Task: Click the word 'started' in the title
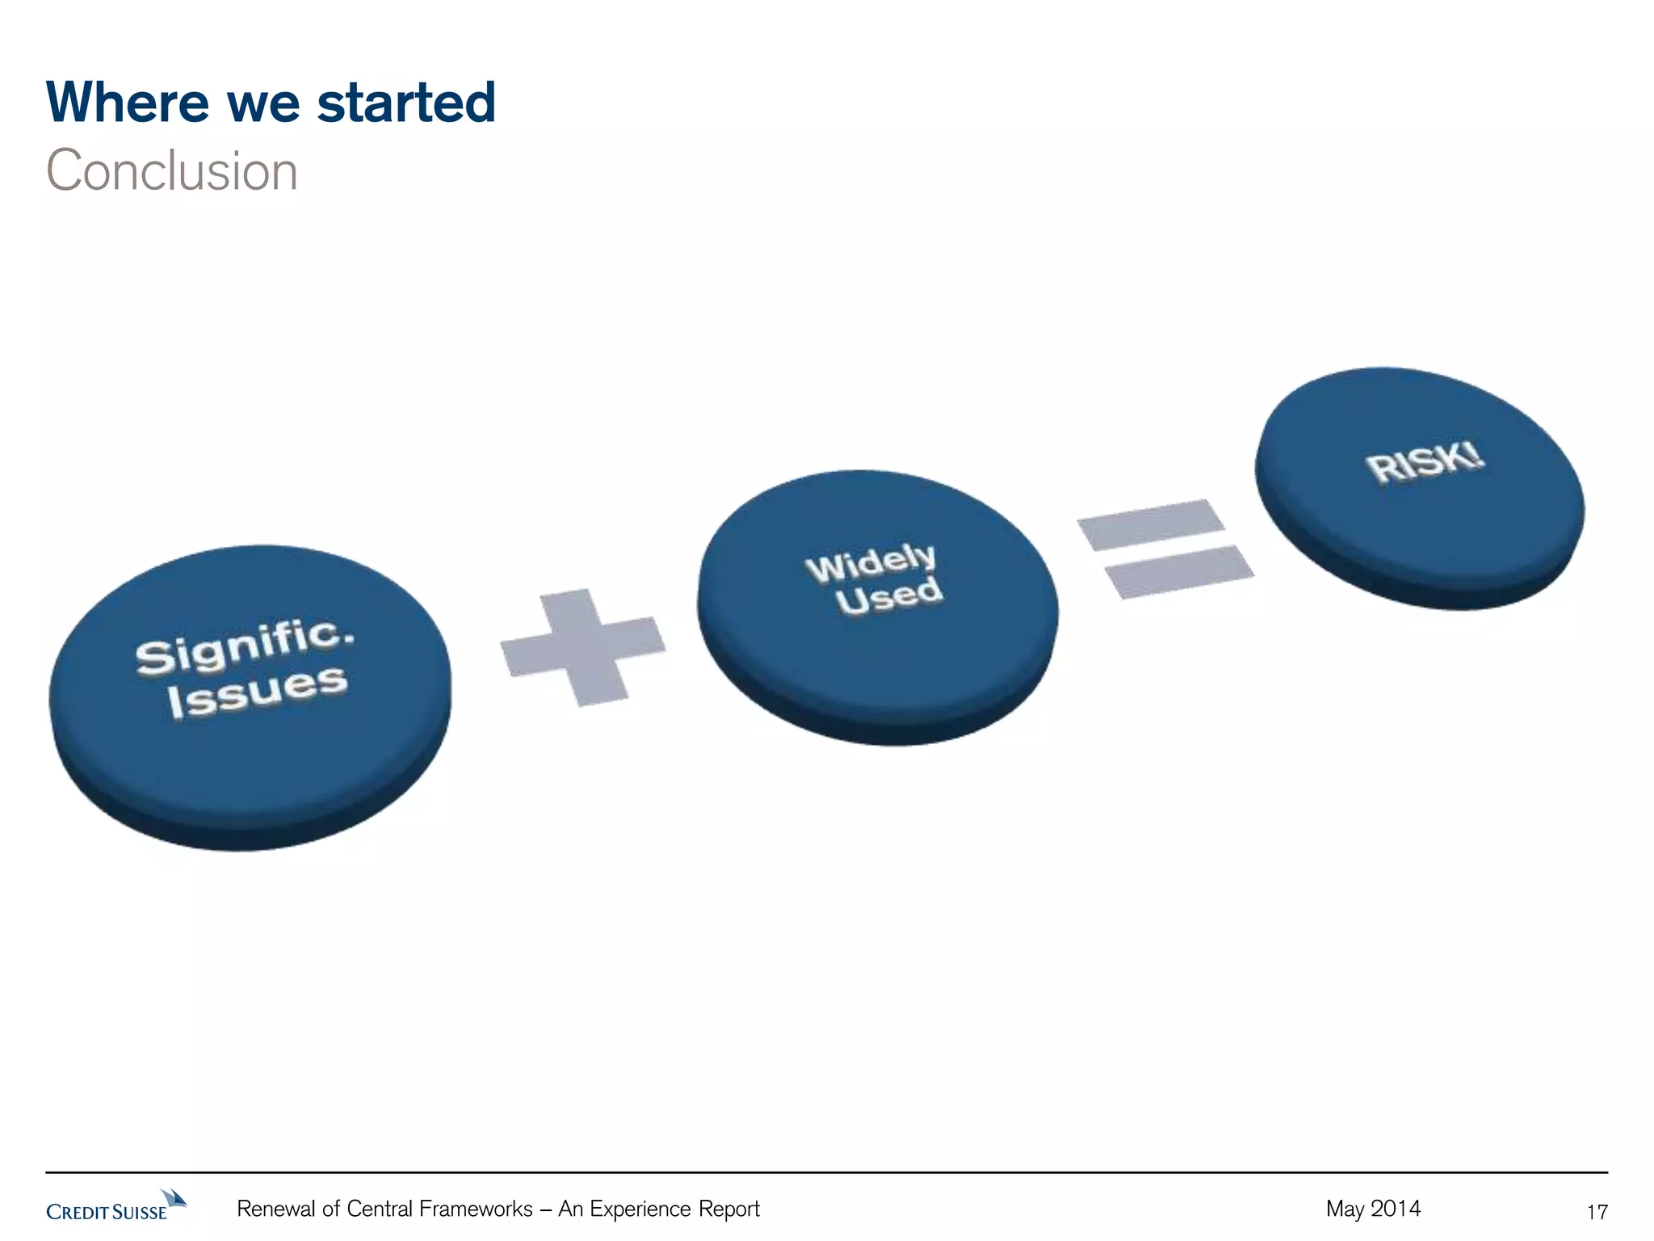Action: tap(406, 103)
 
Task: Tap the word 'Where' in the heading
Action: tap(127, 103)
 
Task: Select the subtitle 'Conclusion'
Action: tap(172, 171)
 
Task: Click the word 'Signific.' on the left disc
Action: tap(244, 646)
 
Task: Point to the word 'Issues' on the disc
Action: tap(257, 692)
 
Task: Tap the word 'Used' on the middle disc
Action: tap(888, 596)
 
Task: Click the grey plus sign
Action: tap(583, 646)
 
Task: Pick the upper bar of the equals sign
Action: tap(1151, 524)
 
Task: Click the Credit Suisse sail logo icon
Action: tap(174, 1198)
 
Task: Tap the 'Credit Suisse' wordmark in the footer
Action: tap(107, 1212)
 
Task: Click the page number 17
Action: tap(1597, 1212)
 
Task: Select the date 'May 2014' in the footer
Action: tap(1373, 1209)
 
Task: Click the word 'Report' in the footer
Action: tap(728, 1209)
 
